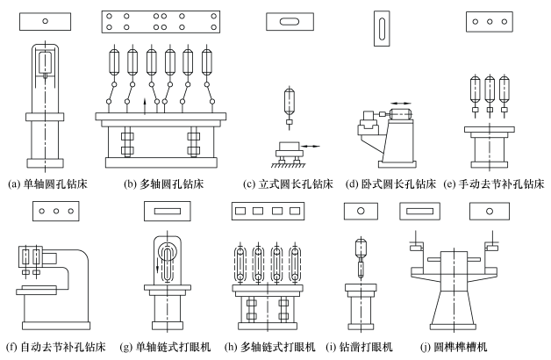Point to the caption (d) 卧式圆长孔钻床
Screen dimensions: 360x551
point(392,185)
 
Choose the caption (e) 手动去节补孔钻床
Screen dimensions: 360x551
point(494,185)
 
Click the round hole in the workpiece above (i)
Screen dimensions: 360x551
point(359,211)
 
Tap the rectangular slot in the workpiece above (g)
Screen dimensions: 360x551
point(165,212)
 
